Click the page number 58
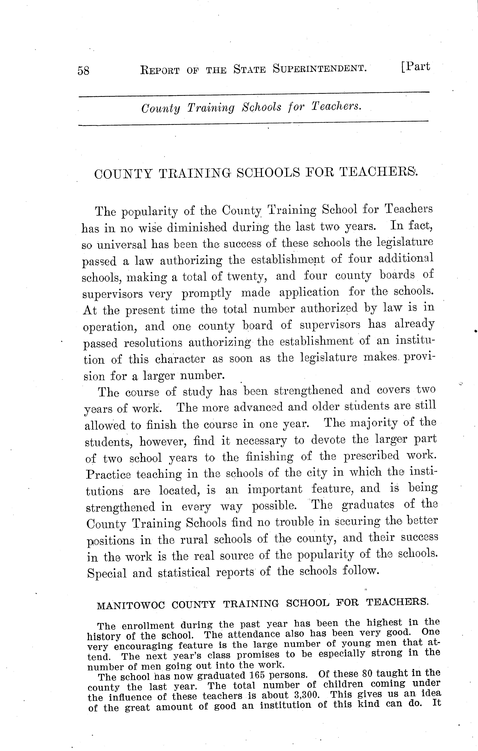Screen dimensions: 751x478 (84, 71)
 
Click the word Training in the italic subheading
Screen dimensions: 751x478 (211, 108)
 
